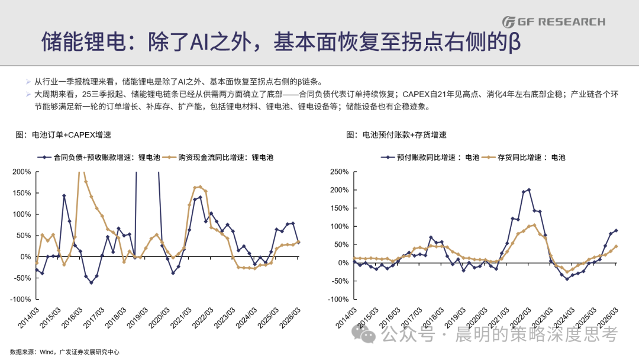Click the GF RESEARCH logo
point(553,21)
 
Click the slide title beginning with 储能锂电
point(281,41)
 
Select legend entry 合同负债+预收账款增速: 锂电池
point(99,157)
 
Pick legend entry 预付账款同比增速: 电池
point(430,157)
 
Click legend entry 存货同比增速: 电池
point(524,157)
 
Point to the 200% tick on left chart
point(22,172)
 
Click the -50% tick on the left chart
point(22,278)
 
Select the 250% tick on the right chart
point(339,172)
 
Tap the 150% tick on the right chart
point(339,208)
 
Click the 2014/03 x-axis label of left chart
point(28,317)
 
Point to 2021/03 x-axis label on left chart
point(181,317)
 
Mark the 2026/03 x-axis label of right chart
point(608,317)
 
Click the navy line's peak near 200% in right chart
point(529,189)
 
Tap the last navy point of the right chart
point(616,231)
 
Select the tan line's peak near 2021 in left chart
point(200,187)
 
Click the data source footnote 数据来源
point(65,352)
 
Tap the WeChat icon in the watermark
point(363,335)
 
